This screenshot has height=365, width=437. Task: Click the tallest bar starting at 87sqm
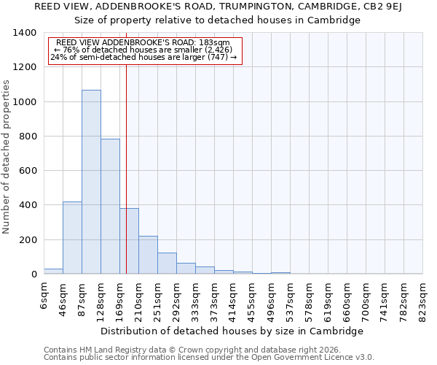tap(91, 182)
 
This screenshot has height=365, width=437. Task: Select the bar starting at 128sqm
tap(110, 207)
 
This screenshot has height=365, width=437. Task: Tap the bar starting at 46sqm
tap(72, 238)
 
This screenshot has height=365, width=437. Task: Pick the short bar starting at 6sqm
tap(53, 271)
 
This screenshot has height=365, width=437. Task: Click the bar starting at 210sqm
tap(148, 255)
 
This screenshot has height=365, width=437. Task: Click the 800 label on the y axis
tap(28, 137)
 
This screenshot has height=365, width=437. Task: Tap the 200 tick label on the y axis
tap(28, 240)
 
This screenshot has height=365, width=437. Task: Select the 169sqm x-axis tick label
tap(120, 297)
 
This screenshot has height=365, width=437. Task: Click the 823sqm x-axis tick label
tap(423, 297)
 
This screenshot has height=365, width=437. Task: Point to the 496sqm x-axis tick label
tap(272, 297)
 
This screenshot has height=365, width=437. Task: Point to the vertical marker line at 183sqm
tap(126, 161)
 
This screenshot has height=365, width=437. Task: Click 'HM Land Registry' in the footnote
tap(109, 350)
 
